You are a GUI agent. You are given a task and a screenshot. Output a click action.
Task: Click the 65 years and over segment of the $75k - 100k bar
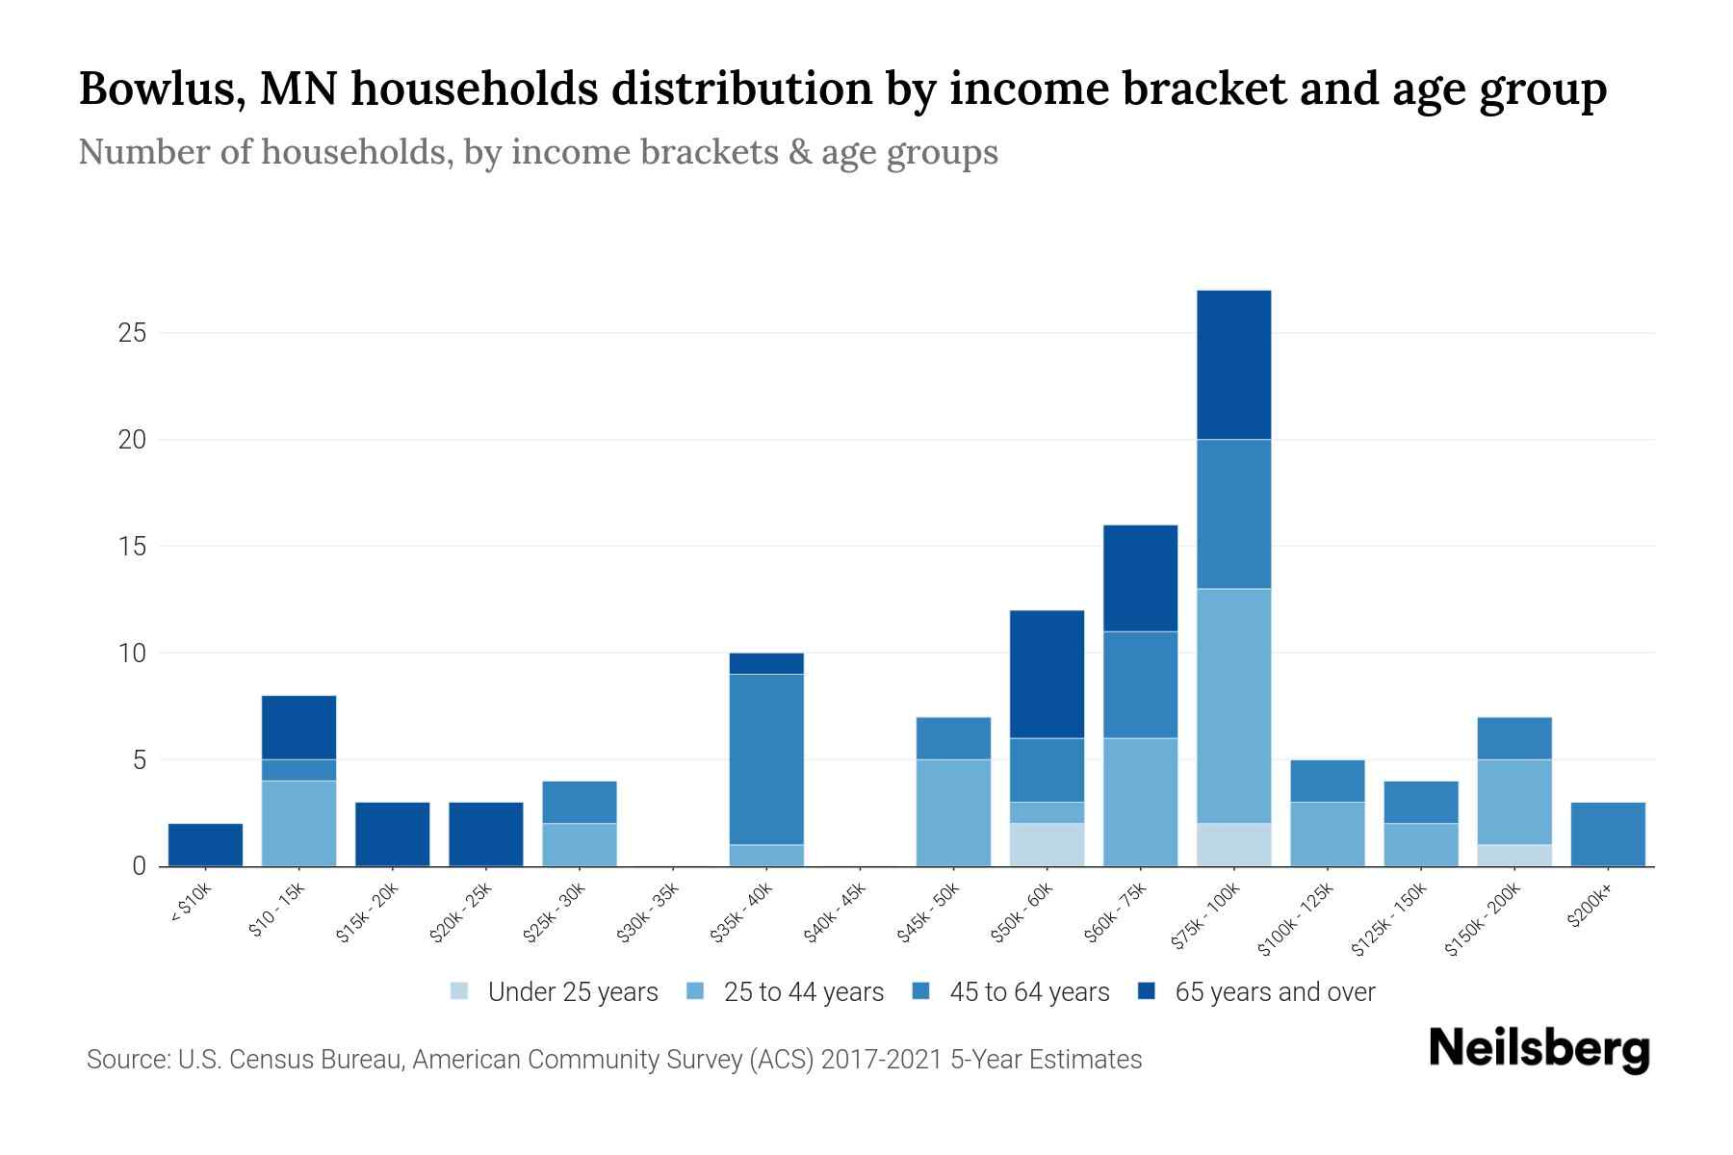coord(1233,365)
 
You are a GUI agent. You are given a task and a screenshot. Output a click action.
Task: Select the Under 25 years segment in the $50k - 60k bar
coord(1047,844)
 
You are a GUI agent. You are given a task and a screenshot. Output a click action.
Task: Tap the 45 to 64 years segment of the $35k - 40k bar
coord(766,759)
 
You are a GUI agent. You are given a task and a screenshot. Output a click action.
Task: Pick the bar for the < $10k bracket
coord(205,845)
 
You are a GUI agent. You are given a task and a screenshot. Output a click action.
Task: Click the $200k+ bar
coord(1607,834)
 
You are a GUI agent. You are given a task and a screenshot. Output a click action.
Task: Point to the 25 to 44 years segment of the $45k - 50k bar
coord(953,812)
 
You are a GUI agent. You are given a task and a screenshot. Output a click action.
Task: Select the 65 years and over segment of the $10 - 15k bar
coord(298,728)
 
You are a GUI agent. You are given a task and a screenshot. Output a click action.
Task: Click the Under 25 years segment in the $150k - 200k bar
coord(1513,855)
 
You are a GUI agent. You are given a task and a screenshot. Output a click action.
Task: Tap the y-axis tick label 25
coord(132,333)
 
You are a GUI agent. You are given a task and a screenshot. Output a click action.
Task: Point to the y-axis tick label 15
coord(132,547)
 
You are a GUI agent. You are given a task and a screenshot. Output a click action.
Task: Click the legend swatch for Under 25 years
coord(460,990)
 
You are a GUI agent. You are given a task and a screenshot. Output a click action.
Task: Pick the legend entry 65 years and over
coord(1274,991)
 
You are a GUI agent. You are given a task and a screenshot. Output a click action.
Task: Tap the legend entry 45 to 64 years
coord(1028,991)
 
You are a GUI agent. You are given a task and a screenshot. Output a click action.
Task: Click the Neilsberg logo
coord(1539,1049)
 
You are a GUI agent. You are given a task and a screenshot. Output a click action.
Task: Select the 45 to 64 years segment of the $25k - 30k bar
coord(580,802)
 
